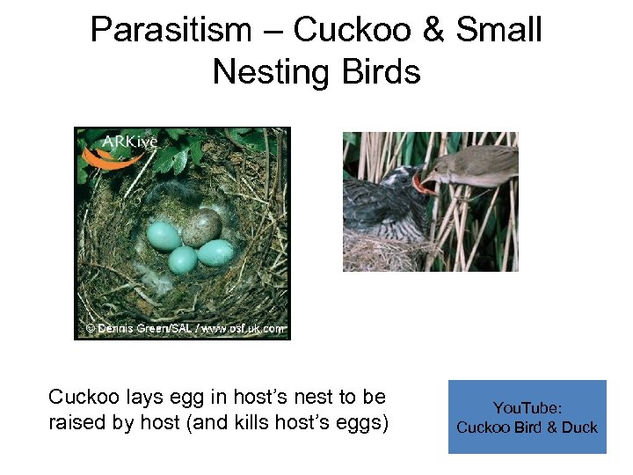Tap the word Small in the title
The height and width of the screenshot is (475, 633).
tap(499, 30)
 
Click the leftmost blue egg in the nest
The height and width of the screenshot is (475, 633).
tap(164, 235)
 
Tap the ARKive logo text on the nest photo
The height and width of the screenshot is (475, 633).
tap(131, 142)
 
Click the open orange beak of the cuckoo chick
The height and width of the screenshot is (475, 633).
tap(425, 186)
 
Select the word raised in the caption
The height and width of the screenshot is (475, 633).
tap(77, 422)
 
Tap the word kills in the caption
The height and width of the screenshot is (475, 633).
tap(283, 422)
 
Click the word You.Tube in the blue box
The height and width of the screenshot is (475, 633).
tap(527, 408)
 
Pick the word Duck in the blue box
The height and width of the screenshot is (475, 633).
tap(578, 427)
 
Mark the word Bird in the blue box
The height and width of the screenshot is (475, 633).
tap(531, 427)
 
